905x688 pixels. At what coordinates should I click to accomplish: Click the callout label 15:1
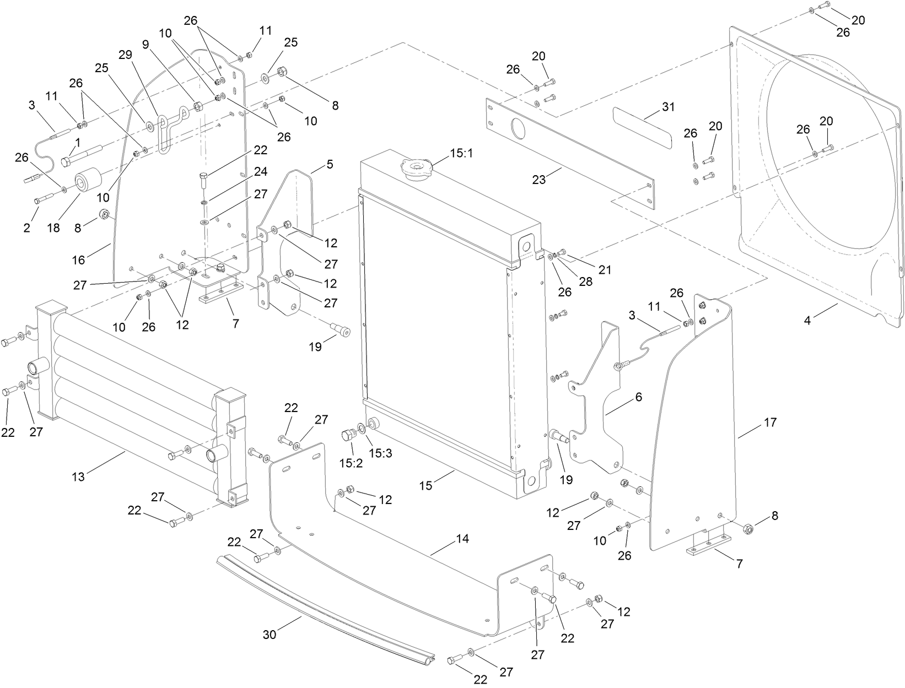461,154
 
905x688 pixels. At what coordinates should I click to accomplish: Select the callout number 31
668,107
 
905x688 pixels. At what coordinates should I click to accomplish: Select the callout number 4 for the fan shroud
807,321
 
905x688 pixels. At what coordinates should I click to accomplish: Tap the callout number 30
270,635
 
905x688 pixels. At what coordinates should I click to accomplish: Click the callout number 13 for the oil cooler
78,476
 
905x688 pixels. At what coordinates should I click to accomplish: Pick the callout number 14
462,539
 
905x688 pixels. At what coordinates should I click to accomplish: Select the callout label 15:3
378,453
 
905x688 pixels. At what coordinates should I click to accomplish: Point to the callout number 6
638,397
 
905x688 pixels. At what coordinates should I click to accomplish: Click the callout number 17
770,422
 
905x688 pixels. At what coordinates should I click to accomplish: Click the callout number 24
260,172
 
